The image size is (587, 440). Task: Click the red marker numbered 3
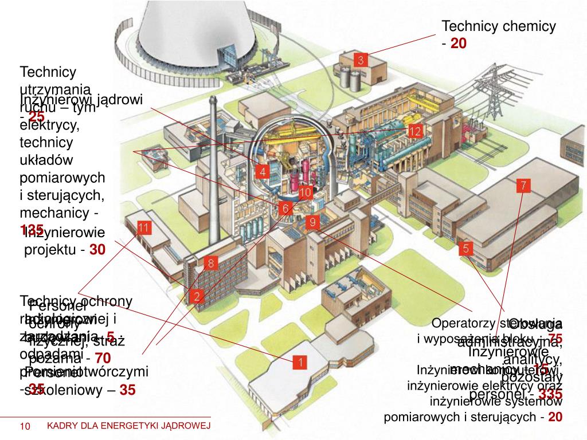(x=361, y=60)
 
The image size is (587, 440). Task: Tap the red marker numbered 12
(x=416, y=131)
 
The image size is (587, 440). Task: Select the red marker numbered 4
(x=262, y=171)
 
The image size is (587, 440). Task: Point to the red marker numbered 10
(x=305, y=192)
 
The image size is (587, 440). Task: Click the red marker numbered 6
(x=285, y=208)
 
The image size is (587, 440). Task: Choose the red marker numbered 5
(x=466, y=249)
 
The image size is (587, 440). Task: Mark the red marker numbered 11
(x=144, y=227)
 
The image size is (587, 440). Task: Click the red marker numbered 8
(x=211, y=264)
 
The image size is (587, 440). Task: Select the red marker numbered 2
(x=197, y=296)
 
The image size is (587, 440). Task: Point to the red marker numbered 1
(x=300, y=362)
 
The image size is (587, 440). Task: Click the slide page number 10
(x=25, y=426)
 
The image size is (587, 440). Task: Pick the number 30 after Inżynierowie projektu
(x=97, y=250)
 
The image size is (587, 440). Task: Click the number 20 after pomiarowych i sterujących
(x=555, y=417)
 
